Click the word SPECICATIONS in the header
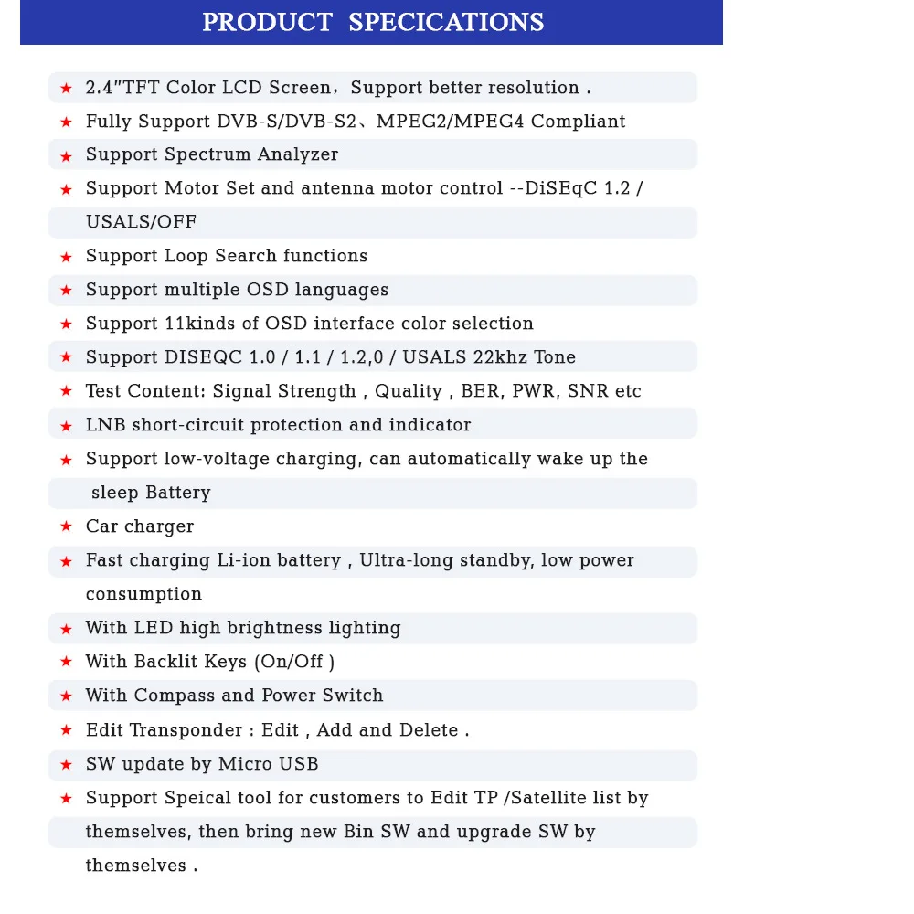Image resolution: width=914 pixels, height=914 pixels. (x=446, y=22)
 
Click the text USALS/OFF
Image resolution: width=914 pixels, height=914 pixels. (x=141, y=222)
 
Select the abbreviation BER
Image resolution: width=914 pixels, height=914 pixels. (x=481, y=391)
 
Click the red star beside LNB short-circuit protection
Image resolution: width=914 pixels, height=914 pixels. (x=66, y=426)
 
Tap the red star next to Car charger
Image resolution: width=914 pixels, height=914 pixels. (x=66, y=527)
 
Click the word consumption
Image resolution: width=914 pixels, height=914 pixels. (x=143, y=594)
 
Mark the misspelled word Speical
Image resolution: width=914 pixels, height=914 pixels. (x=198, y=798)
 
